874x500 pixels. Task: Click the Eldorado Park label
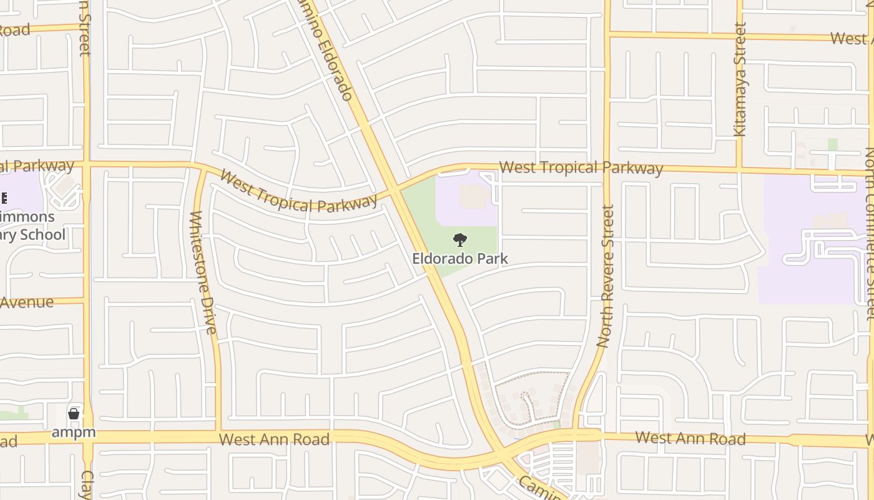point(460,258)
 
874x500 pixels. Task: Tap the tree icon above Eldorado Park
point(460,239)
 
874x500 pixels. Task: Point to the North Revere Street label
point(606,276)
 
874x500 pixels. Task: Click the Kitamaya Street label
point(740,79)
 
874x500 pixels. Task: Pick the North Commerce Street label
point(870,234)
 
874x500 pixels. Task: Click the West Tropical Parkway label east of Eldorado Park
point(581,167)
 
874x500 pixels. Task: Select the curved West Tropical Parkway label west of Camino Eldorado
point(298,194)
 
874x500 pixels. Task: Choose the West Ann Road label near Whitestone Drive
point(274,439)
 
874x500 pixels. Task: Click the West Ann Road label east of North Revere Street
point(690,438)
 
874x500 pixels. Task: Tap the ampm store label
point(74,432)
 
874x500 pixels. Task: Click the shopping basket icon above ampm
point(74,413)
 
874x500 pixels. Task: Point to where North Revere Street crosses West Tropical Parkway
point(606,167)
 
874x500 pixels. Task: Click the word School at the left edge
point(44,234)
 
